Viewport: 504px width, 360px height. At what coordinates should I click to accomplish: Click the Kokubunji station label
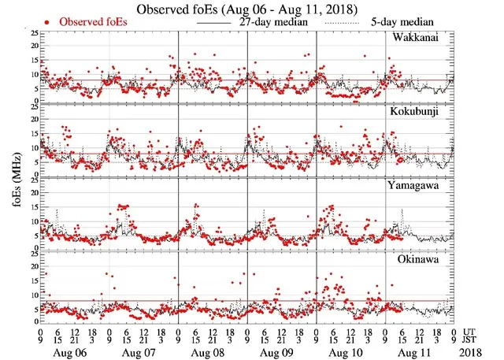[421, 112]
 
